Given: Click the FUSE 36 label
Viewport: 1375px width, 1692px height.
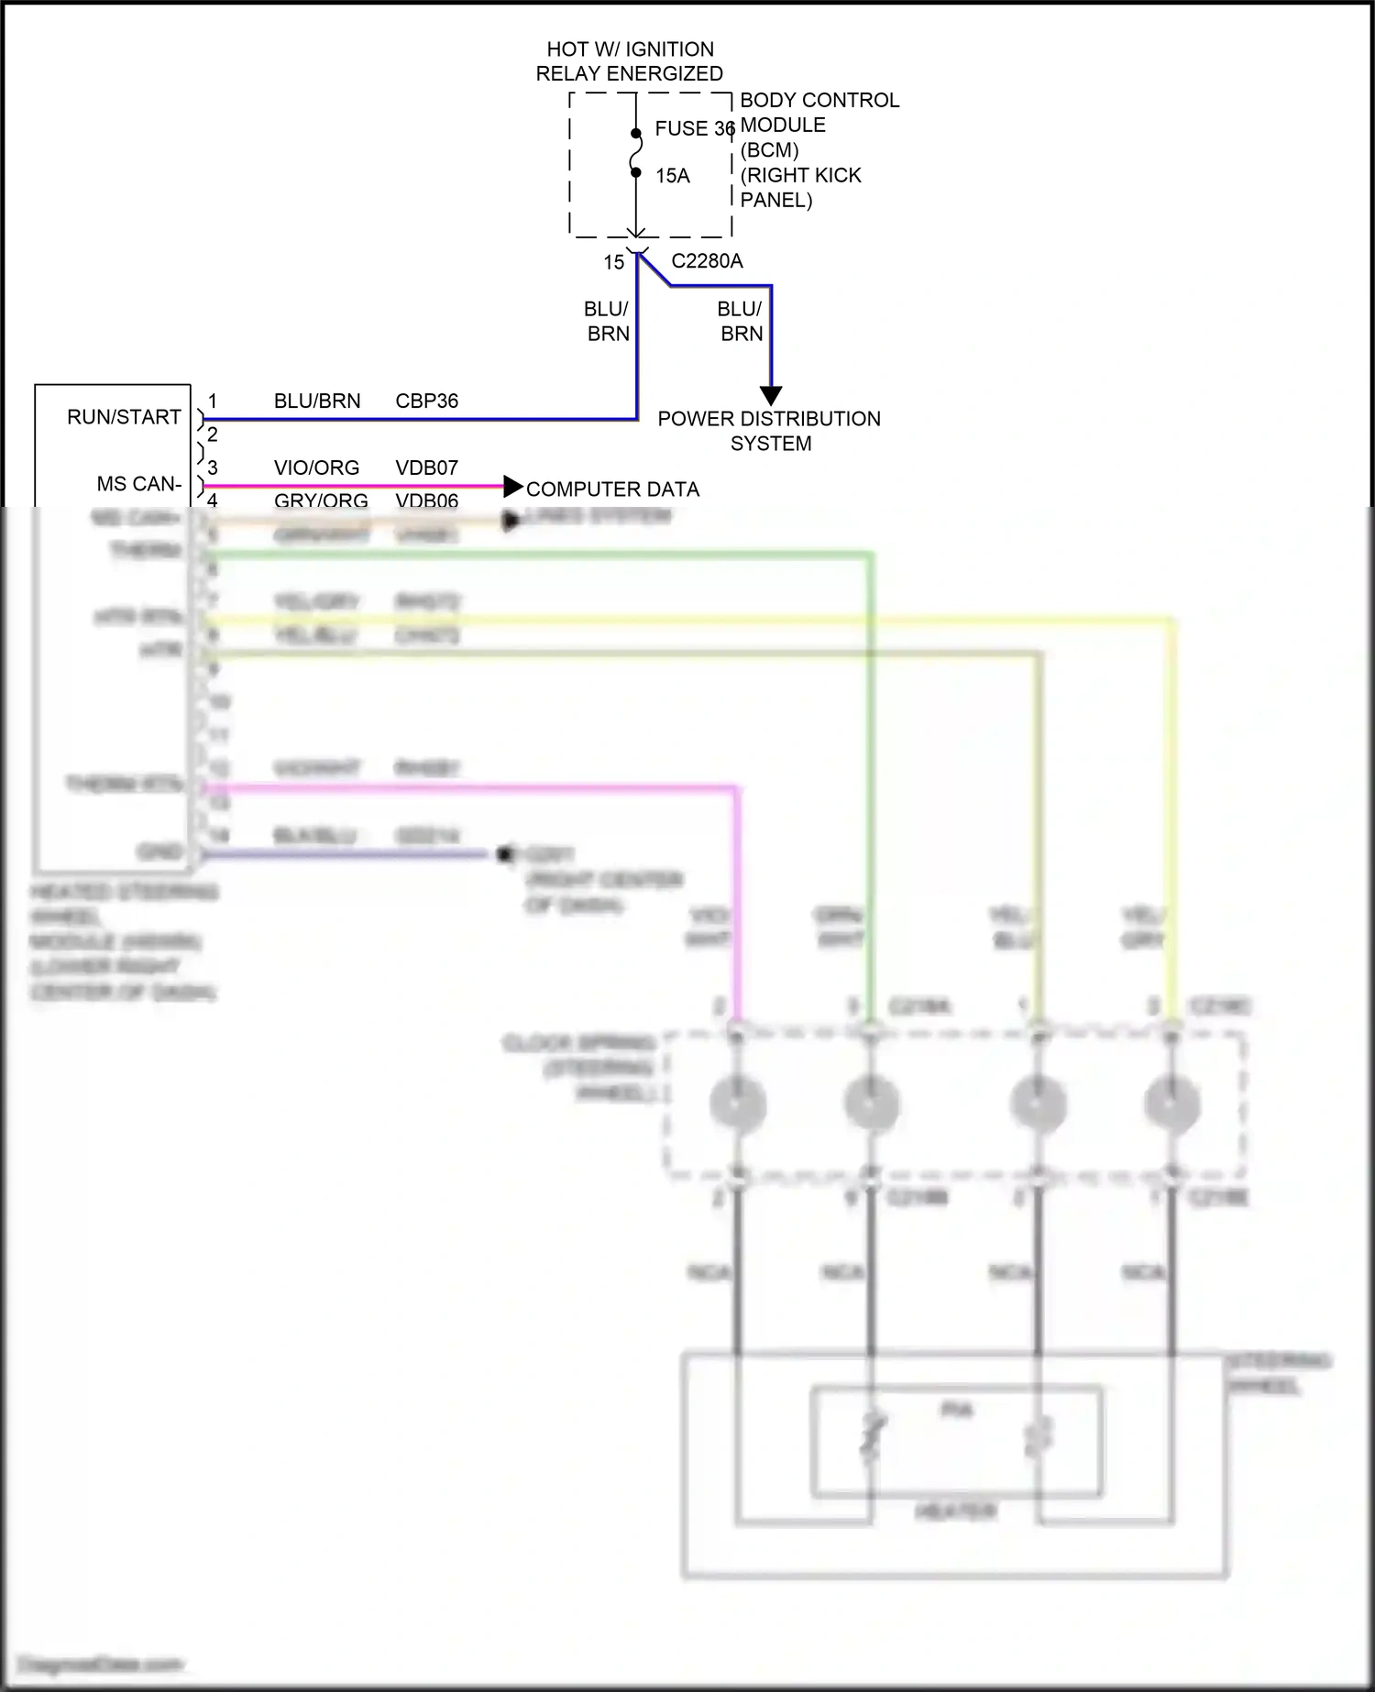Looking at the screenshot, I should pyautogui.click(x=694, y=129).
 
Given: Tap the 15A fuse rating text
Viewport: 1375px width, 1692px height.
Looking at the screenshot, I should pyautogui.click(x=672, y=176).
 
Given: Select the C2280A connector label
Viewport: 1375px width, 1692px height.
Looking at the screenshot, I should pyautogui.click(x=707, y=261).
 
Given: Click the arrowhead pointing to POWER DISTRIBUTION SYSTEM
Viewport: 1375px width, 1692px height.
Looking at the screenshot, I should pyautogui.click(x=771, y=395).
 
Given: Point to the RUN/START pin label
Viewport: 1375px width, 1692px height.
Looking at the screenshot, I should pyautogui.click(x=124, y=417).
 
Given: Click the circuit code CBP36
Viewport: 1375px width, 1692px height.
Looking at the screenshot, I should pyautogui.click(x=426, y=401).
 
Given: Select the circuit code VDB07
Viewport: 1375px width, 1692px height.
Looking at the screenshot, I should pyautogui.click(x=426, y=468).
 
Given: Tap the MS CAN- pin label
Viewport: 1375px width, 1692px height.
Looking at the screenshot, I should pyautogui.click(x=139, y=484).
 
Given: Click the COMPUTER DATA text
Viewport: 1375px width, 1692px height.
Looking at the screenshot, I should pyautogui.click(x=612, y=489).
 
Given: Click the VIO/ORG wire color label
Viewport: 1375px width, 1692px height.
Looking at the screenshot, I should pyautogui.click(x=316, y=468).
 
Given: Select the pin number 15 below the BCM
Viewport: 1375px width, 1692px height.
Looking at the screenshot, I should pyautogui.click(x=613, y=263).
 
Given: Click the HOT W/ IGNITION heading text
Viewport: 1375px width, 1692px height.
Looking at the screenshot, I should pyautogui.click(x=630, y=49).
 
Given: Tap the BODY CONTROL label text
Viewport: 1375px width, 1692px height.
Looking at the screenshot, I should pyautogui.click(x=819, y=100).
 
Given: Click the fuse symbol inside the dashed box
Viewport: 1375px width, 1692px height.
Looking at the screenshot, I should pyautogui.click(x=635, y=152).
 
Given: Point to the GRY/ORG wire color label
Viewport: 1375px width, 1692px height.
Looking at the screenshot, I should pyautogui.click(x=321, y=500).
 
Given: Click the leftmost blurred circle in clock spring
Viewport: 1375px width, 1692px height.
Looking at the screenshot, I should pyautogui.click(x=737, y=1103).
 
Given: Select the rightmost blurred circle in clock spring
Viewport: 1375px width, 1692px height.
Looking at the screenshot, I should pyautogui.click(x=1172, y=1103).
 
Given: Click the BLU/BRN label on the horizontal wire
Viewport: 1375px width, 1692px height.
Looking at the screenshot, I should pyautogui.click(x=316, y=401).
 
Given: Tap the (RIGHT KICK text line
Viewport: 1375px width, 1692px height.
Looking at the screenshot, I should pyautogui.click(x=800, y=175).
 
